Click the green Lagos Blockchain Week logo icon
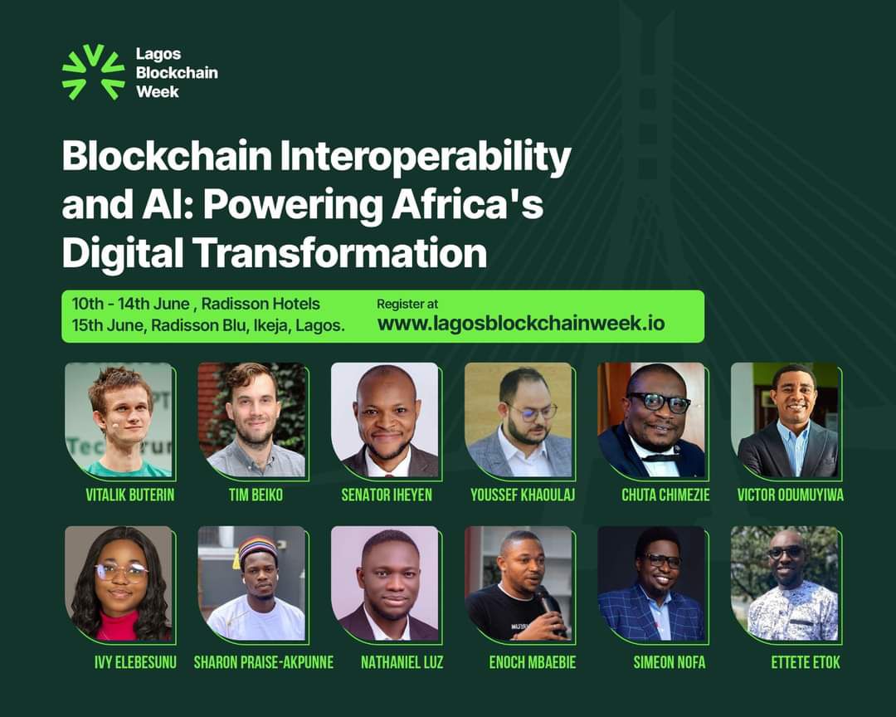[93, 72]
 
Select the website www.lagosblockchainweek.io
[521, 324]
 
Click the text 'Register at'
[407, 304]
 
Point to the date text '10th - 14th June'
[131, 305]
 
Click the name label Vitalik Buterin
[130, 495]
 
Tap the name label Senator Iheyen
[387, 495]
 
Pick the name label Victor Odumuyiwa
[789, 495]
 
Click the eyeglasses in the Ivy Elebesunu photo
[120, 571]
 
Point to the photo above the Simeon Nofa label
[652, 583]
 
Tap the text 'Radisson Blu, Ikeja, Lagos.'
[246, 325]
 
